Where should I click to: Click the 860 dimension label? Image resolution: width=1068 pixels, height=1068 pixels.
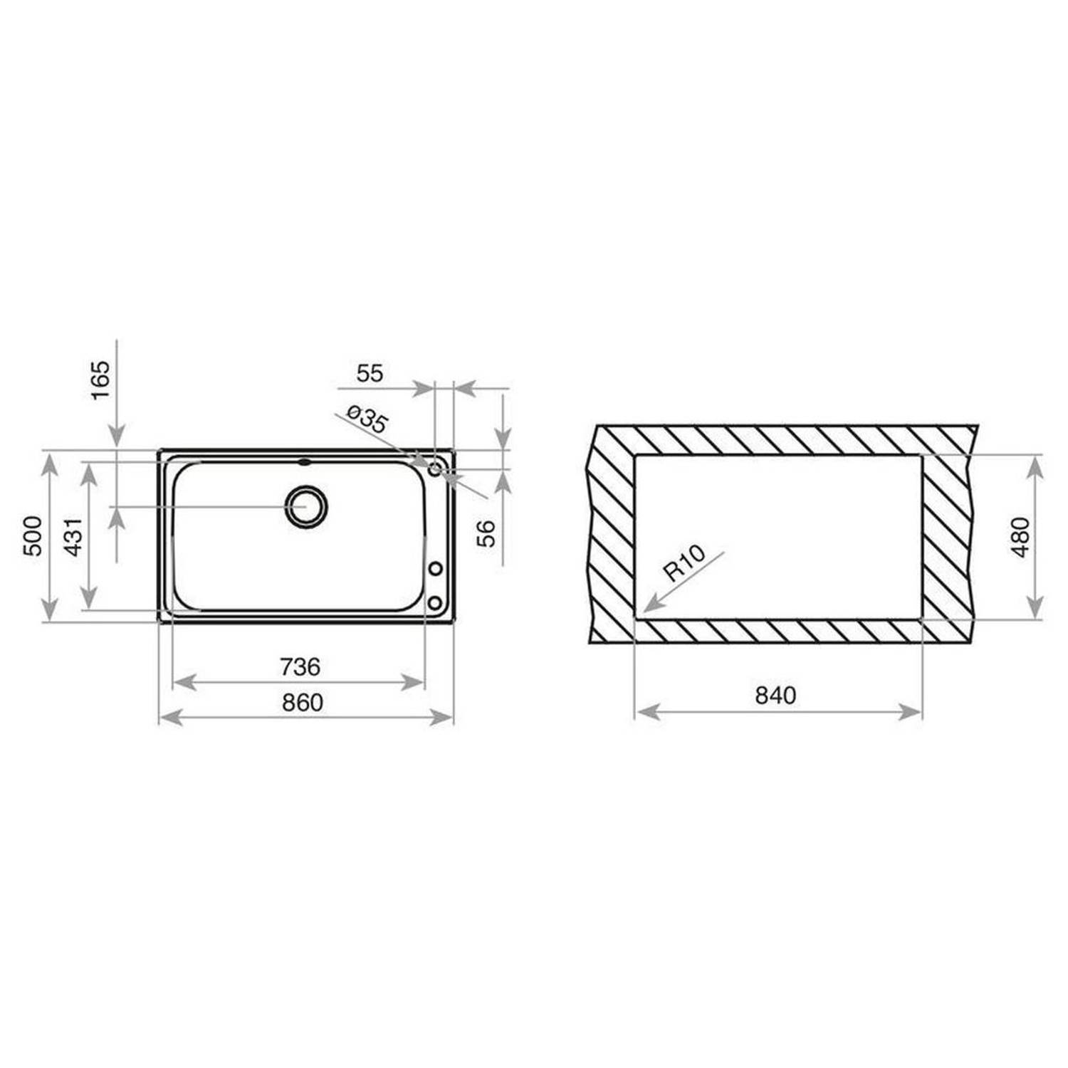(303, 703)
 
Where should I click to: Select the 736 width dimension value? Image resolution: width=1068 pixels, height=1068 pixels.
(300, 667)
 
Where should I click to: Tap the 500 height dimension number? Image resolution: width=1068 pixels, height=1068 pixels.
(33, 535)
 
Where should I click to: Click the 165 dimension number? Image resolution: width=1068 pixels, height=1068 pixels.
(101, 380)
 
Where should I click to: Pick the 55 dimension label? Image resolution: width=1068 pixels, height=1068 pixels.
(370, 373)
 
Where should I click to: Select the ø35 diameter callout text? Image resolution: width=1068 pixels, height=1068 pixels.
(367, 419)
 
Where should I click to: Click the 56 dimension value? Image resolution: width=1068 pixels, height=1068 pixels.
(486, 533)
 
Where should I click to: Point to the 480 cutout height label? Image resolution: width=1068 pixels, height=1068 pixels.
(1020, 537)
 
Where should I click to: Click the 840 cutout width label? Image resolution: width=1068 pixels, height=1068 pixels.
(775, 695)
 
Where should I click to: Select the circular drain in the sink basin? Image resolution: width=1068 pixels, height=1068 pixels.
(306, 506)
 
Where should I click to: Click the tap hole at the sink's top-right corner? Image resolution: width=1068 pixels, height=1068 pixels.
(435, 468)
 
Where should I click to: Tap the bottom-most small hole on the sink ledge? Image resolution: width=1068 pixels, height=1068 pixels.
(434, 603)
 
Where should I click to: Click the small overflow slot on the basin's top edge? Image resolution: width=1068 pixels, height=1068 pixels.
(305, 461)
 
